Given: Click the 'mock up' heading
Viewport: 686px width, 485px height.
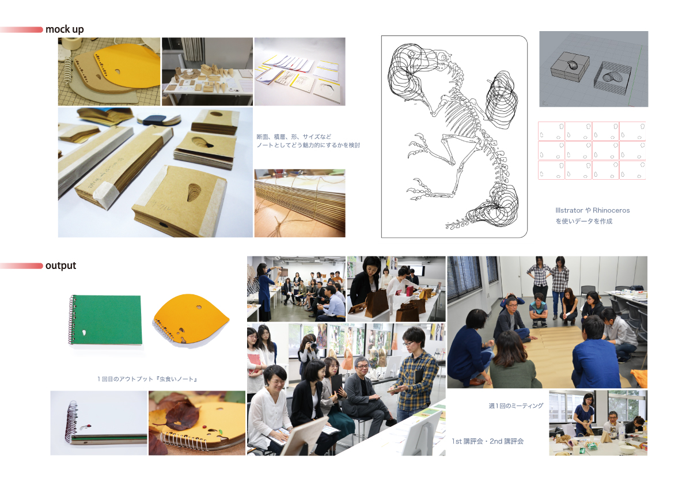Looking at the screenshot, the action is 65,29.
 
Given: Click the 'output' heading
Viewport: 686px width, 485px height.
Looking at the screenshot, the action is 61,266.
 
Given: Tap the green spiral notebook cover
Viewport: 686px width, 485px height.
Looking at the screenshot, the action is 107,319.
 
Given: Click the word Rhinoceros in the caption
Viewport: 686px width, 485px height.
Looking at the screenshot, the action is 611,210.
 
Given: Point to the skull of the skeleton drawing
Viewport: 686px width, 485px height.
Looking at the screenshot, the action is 442,58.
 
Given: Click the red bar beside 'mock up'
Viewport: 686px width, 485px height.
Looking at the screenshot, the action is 21,30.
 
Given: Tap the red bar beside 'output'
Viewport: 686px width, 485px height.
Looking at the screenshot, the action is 21,266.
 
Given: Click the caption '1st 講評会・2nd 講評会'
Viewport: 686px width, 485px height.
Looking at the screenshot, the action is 487,441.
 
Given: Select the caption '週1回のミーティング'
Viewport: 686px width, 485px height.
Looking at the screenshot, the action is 516,406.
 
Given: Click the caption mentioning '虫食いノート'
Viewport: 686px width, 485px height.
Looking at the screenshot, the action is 147,379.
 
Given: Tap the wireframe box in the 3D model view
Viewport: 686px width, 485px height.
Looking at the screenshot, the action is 612,78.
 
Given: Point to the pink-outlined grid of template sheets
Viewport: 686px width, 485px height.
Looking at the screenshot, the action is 592,150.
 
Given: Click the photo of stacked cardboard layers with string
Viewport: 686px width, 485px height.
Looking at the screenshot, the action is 300,203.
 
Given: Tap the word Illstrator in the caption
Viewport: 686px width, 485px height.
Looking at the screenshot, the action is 569,210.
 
